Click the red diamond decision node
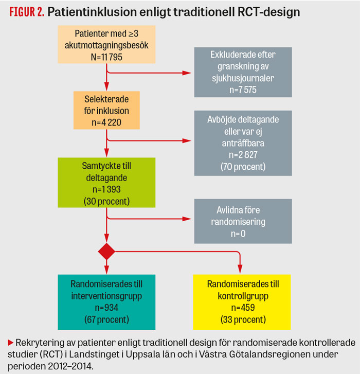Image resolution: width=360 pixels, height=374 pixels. [x=106, y=252]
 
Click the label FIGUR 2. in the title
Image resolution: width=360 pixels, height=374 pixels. [x=26, y=12]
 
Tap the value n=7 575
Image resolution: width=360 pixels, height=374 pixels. [x=241, y=89]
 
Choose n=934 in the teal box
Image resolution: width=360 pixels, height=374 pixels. [x=107, y=309]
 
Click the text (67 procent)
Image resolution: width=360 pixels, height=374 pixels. [x=107, y=320]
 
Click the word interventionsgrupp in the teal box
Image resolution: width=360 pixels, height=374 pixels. [x=107, y=297]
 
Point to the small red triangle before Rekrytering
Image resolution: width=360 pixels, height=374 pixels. [x=11, y=342]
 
